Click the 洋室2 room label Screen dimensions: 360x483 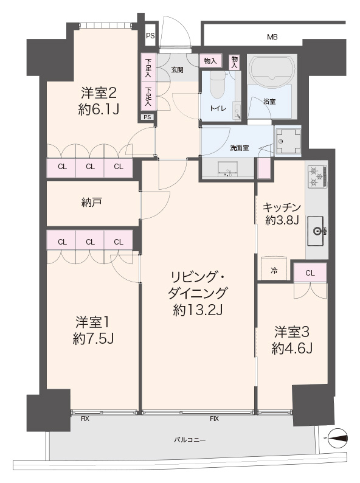[x=99, y=92]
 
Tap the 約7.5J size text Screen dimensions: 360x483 [x=93, y=339]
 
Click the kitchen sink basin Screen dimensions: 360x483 [x=316, y=231]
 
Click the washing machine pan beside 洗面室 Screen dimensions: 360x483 [x=288, y=141]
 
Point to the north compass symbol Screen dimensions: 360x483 [x=338, y=437]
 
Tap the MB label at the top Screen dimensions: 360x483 [x=272, y=37]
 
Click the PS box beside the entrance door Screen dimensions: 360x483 [x=150, y=36]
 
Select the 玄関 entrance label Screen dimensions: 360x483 [x=177, y=70]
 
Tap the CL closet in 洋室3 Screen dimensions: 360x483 [x=310, y=273]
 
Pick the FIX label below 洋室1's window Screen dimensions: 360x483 [x=85, y=419]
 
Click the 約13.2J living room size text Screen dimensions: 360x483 [x=198, y=310]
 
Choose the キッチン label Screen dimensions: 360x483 [x=282, y=207]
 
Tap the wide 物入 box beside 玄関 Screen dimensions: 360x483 [x=210, y=61]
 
